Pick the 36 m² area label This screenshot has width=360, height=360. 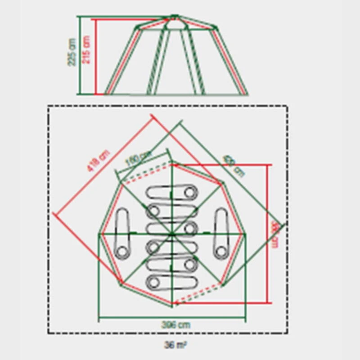click(x=175, y=346)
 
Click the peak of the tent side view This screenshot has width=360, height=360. click(x=174, y=17)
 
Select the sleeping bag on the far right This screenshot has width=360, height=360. click(x=221, y=233)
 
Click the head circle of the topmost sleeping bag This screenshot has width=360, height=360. click(x=190, y=193)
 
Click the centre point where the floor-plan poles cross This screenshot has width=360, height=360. click(x=171, y=234)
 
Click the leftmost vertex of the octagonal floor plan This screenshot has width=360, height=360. click(x=100, y=234)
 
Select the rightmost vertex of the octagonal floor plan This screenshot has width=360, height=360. click(x=246, y=234)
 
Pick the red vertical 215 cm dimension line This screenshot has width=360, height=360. click(x=95, y=57)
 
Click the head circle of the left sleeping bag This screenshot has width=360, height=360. click(x=120, y=250)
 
